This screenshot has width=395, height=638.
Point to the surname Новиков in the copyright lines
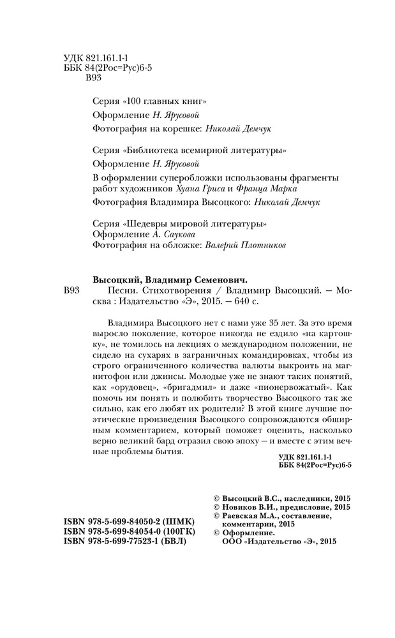[x=238, y=507]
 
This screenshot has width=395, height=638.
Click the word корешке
[x=182, y=127]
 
